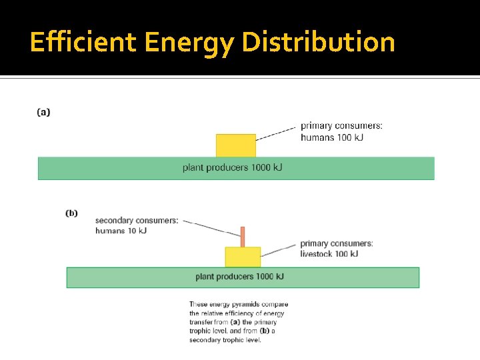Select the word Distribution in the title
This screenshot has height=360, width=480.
(318, 42)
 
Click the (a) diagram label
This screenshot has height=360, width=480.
(43, 112)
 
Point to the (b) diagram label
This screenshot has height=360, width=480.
(71, 213)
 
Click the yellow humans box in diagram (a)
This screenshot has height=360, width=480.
(235, 145)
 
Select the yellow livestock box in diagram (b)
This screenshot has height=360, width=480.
(243, 257)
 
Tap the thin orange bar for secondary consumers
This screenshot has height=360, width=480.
(243, 237)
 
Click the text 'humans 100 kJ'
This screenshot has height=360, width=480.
(332, 137)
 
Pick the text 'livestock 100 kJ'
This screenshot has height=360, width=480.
(329, 253)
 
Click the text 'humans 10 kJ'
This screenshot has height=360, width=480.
(121, 231)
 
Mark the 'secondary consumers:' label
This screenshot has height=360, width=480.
(137, 221)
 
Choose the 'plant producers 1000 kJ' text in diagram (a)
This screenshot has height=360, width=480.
(232, 167)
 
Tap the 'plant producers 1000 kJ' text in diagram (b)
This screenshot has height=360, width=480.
(240, 276)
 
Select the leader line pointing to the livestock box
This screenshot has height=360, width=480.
(279, 250)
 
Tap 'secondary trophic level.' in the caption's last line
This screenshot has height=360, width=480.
(225, 339)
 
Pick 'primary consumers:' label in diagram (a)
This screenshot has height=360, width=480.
(341, 125)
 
